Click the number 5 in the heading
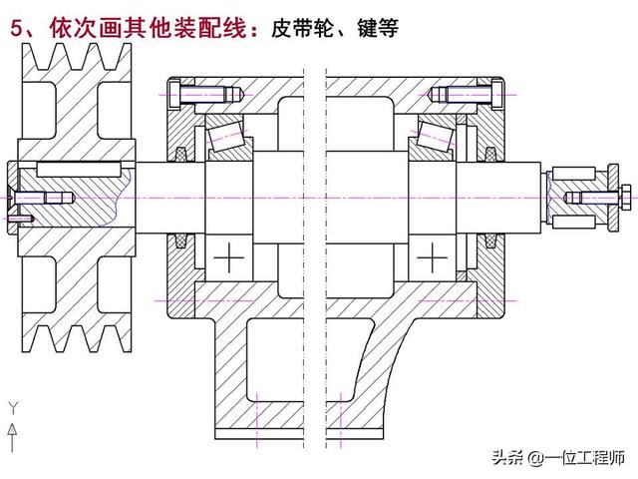point(17,29)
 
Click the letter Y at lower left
point(13,407)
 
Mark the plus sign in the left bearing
point(232,258)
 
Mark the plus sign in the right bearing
point(432,258)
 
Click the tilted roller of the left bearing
point(221,133)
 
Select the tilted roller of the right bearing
point(435,133)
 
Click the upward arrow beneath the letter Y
point(13,430)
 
